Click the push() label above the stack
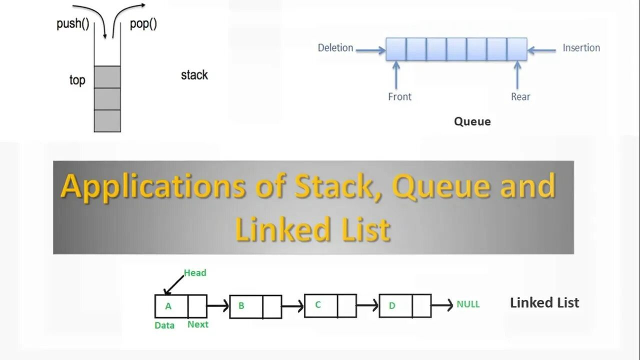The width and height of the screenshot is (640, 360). (72, 24)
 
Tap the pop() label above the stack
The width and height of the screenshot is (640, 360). (143, 24)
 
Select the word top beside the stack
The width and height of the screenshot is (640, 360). (77, 80)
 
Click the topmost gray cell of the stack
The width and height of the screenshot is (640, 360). (107, 77)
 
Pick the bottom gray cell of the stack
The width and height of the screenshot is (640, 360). (107, 120)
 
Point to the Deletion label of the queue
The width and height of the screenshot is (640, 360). (335, 48)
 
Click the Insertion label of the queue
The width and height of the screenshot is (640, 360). (581, 48)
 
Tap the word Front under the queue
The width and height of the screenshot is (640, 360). (399, 96)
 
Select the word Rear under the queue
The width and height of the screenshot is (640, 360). (520, 96)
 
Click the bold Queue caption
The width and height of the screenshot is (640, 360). (472, 121)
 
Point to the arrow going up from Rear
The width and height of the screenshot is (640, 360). (517, 75)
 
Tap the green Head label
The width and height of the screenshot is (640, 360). (195, 272)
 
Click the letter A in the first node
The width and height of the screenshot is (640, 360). (168, 306)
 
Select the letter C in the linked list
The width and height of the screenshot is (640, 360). (317, 305)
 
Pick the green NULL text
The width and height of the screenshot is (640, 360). (468, 304)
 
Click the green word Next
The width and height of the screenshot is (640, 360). (198, 324)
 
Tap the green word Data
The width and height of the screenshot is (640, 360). (164, 325)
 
